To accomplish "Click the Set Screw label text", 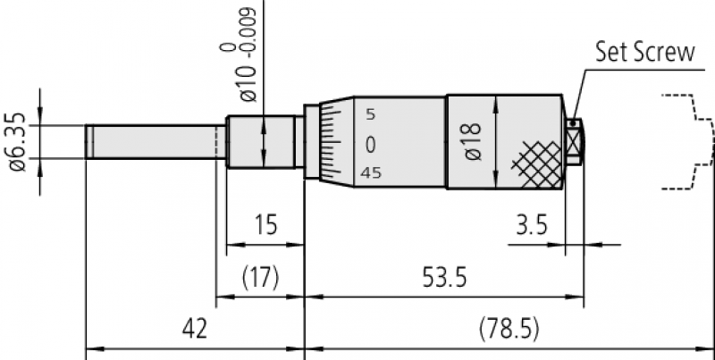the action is click(x=645, y=53).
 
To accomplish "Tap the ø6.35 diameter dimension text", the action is click(x=18, y=142).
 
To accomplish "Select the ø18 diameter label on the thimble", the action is click(x=473, y=141).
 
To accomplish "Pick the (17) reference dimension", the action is click(x=260, y=278).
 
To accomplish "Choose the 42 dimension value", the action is click(x=195, y=329).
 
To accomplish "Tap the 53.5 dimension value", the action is click(x=444, y=278).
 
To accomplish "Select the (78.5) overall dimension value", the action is click(x=509, y=329).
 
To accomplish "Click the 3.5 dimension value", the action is click(x=532, y=224).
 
